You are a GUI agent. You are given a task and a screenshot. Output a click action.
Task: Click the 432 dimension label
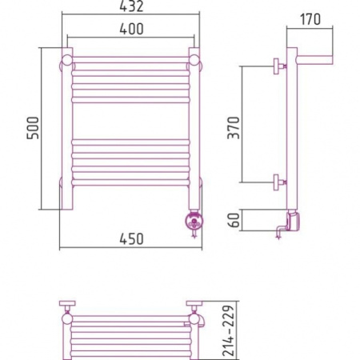point(131,6)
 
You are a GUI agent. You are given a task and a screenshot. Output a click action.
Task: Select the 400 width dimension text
point(131,29)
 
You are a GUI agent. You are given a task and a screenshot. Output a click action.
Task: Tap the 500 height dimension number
point(33,128)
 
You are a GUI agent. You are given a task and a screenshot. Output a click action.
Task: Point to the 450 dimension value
point(131,239)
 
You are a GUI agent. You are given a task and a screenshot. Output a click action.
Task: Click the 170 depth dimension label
point(310,19)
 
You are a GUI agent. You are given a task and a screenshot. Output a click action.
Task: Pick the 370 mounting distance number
point(234,128)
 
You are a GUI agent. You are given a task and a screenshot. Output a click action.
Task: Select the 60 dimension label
point(234,220)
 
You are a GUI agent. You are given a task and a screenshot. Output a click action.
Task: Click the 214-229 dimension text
point(229,330)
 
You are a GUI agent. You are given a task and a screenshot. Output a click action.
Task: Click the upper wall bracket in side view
point(279,66)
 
